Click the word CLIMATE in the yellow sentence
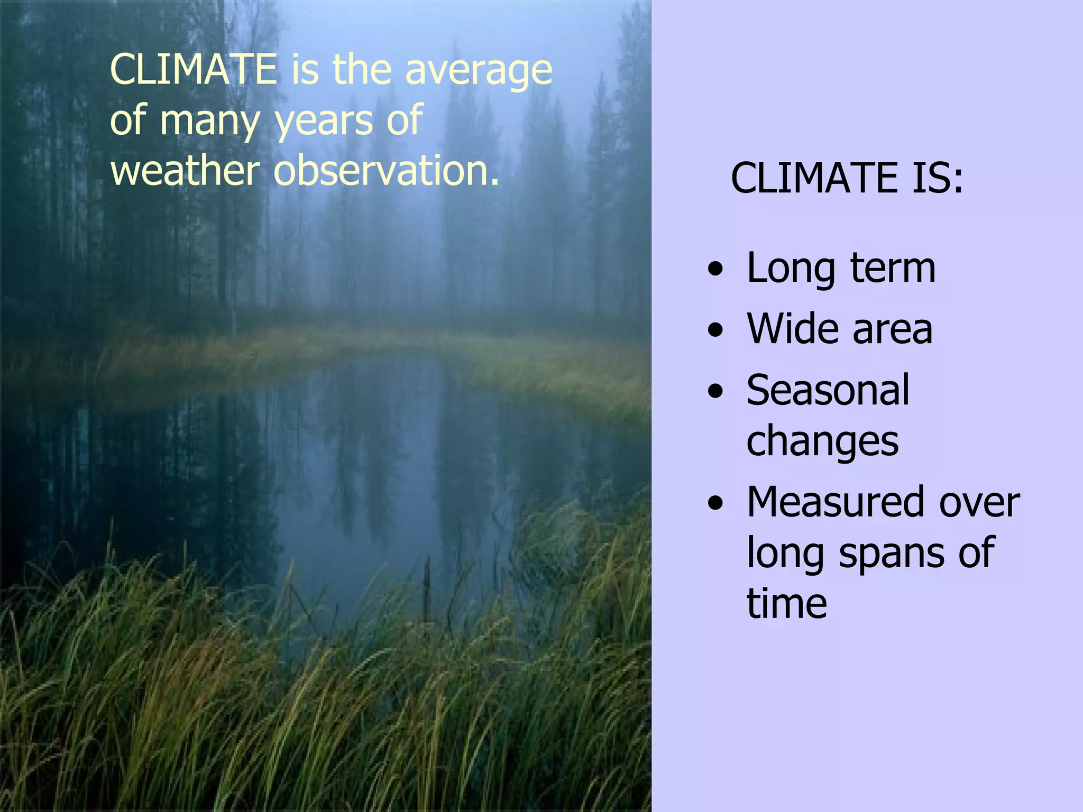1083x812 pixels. pyautogui.click(x=194, y=70)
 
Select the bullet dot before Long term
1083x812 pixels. pyautogui.click(x=715, y=269)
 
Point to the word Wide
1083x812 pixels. pyautogui.click(x=791, y=329)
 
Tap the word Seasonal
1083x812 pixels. pyautogui.click(x=828, y=390)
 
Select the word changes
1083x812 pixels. pyautogui.click(x=822, y=442)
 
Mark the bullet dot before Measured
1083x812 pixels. pyautogui.click(x=715, y=504)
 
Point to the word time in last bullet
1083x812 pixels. pyautogui.click(x=786, y=603)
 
